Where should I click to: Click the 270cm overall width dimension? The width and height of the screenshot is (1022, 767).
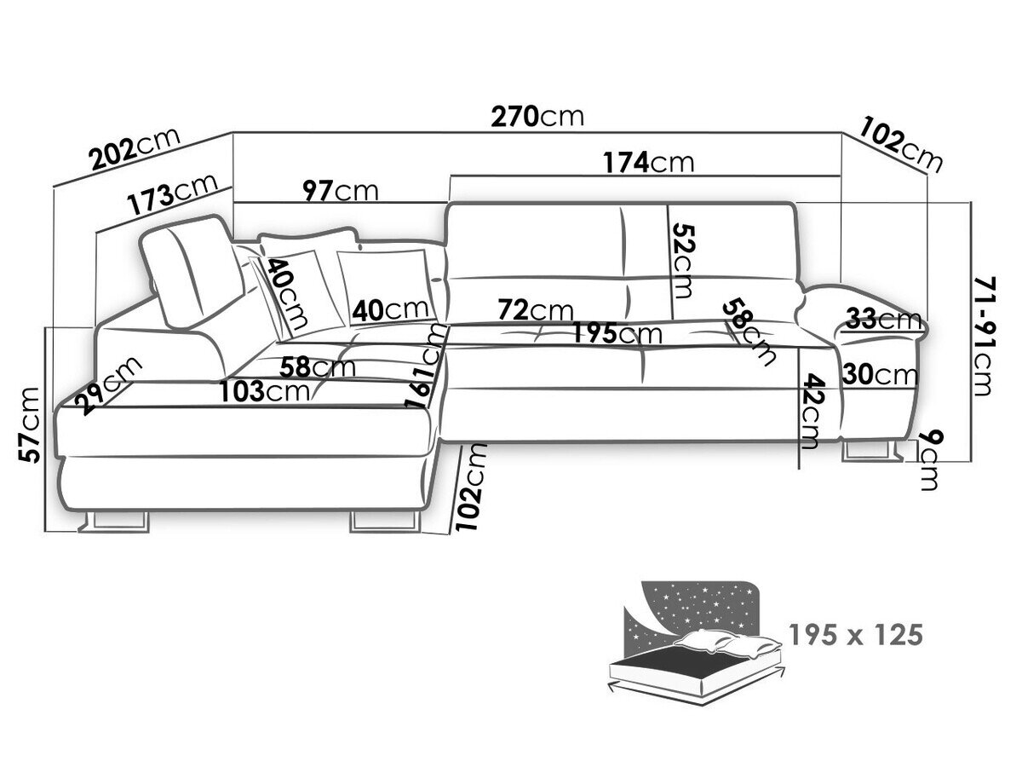pyautogui.click(x=537, y=117)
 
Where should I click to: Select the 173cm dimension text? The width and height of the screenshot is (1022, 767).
pyautogui.click(x=179, y=195)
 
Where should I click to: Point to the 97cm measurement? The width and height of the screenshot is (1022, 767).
pyautogui.click(x=341, y=191)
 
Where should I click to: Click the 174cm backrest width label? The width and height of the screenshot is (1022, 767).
pyautogui.click(x=648, y=162)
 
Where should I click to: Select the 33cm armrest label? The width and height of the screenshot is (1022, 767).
pyautogui.click(x=883, y=320)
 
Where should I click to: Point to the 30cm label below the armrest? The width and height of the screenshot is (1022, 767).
pyautogui.click(x=880, y=374)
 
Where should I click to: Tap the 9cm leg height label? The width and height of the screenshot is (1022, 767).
pyautogui.click(x=929, y=460)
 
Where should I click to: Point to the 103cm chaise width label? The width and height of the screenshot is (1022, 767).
pyautogui.click(x=263, y=392)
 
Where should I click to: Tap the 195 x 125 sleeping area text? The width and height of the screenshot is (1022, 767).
pyautogui.click(x=855, y=635)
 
